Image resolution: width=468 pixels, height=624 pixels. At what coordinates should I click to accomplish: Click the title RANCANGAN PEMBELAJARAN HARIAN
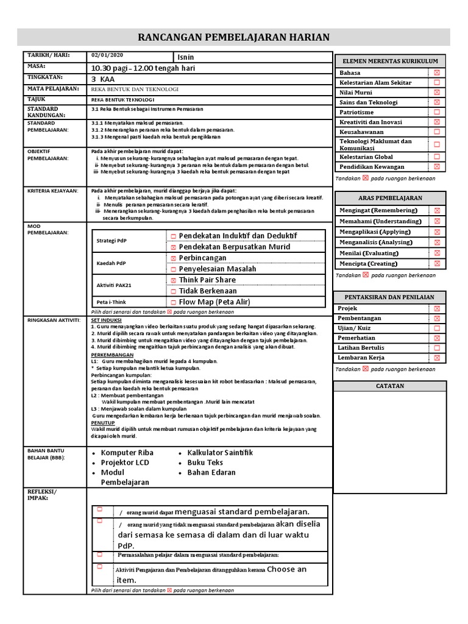[234, 37]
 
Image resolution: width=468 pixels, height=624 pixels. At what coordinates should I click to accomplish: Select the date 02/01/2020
[106, 55]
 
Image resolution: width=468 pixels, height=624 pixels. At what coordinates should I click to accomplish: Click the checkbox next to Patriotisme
[436, 112]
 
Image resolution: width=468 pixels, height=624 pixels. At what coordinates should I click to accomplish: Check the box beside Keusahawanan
[436, 132]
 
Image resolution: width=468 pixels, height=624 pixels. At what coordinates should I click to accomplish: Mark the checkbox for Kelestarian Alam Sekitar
[436, 82]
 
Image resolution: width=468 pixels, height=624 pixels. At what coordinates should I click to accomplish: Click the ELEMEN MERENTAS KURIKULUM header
[390, 62]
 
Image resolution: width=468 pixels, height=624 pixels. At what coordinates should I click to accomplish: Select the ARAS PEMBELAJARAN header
[390, 198]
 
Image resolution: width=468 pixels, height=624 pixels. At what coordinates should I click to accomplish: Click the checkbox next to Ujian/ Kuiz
[436, 328]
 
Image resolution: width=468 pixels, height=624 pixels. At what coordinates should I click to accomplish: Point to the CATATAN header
[390, 386]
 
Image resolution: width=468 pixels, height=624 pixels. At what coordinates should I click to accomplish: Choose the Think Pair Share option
[207, 280]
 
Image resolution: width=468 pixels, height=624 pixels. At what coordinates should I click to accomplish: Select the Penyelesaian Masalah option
[217, 269]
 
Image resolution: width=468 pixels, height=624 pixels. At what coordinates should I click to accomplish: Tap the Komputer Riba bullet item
[127, 453]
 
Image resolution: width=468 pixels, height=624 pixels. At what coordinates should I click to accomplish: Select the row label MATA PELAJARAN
[53, 89]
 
